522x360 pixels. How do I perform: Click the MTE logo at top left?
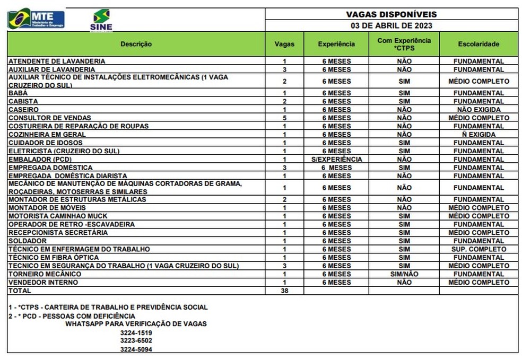36,19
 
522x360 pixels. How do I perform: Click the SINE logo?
101,20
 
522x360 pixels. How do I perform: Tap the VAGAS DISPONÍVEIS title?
391,14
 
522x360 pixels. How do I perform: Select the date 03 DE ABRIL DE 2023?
391,25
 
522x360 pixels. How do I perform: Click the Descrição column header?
136,44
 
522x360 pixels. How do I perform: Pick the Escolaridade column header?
478,44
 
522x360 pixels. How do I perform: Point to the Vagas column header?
284,44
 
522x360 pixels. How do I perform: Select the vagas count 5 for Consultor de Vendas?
284,118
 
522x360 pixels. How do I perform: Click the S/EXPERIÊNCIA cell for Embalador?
337,159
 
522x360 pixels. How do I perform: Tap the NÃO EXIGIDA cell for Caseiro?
478,109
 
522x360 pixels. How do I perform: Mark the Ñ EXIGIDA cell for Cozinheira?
478,134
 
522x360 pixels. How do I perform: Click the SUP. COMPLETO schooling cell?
478,249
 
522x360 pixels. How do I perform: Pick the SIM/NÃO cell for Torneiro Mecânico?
404,274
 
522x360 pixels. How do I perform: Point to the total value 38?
284,291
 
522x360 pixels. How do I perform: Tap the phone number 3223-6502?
136,340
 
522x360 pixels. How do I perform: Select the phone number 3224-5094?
136,349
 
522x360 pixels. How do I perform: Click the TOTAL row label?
20,291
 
